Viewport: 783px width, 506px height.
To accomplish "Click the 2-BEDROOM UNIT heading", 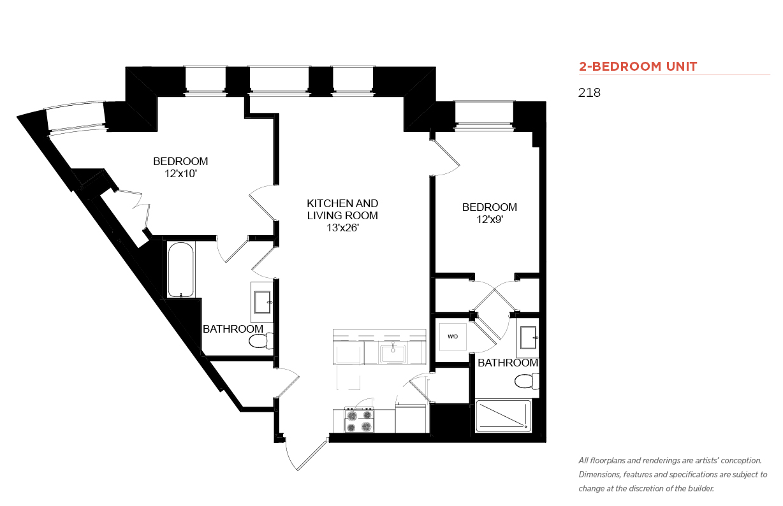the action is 638,66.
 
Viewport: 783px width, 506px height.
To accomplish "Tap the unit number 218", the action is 589,92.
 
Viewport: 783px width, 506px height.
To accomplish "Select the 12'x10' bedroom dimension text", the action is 180,174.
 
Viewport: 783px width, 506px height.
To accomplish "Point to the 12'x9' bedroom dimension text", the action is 490,219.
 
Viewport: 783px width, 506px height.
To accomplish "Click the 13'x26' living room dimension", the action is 342,228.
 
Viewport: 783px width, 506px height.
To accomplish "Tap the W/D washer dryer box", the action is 453,336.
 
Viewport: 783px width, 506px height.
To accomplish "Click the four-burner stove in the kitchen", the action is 359,420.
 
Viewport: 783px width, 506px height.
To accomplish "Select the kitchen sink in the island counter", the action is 393,354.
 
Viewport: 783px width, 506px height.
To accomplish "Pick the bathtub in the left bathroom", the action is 180,270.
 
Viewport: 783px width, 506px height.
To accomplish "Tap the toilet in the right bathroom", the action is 527,381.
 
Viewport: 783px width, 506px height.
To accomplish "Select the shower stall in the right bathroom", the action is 503,416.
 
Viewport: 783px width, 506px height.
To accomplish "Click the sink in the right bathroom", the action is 528,338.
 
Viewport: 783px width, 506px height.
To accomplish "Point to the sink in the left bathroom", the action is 262,302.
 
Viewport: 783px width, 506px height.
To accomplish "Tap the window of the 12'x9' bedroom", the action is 485,115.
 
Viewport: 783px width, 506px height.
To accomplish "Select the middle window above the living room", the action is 279,80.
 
